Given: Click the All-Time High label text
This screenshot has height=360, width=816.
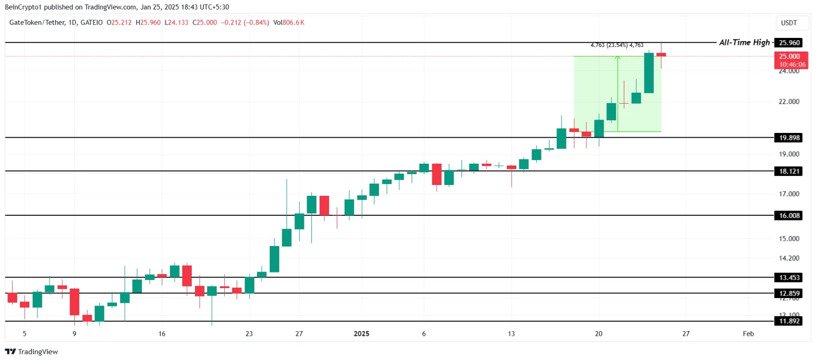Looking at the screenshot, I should [x=744, y=43].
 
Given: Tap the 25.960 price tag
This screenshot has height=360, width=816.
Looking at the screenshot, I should [x=789, y=43].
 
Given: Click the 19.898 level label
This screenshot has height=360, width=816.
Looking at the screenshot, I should [x=789, y=138].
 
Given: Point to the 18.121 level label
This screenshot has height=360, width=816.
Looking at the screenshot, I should [x=789, y=171].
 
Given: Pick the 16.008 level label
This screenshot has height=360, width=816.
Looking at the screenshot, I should [x=789, y=216].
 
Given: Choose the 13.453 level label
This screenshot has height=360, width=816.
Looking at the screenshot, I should [x=789, y=278].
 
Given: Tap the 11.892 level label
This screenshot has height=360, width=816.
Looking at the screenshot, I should [x=789, y=321].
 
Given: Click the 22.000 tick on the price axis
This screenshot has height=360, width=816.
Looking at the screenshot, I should [x=789, y=102].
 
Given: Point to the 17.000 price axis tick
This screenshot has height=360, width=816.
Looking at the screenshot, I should [x=789, y=194].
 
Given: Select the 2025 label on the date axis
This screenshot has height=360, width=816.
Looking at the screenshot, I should [x=361, y=334].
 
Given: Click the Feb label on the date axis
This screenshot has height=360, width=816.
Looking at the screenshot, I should [x=748, y=334].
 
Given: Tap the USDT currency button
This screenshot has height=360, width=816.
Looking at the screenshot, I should [x=789, y=23].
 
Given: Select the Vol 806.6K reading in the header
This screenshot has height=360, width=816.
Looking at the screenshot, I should [x=289, y=23].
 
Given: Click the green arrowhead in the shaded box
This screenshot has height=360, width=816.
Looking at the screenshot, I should [x=618, y=58].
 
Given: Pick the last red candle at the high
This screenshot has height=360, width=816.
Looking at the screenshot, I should [x=661, y=55].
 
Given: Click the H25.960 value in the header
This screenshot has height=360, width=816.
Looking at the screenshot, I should [x=148, y=23].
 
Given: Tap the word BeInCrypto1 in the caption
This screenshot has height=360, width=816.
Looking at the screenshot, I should [x=23, y=7].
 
